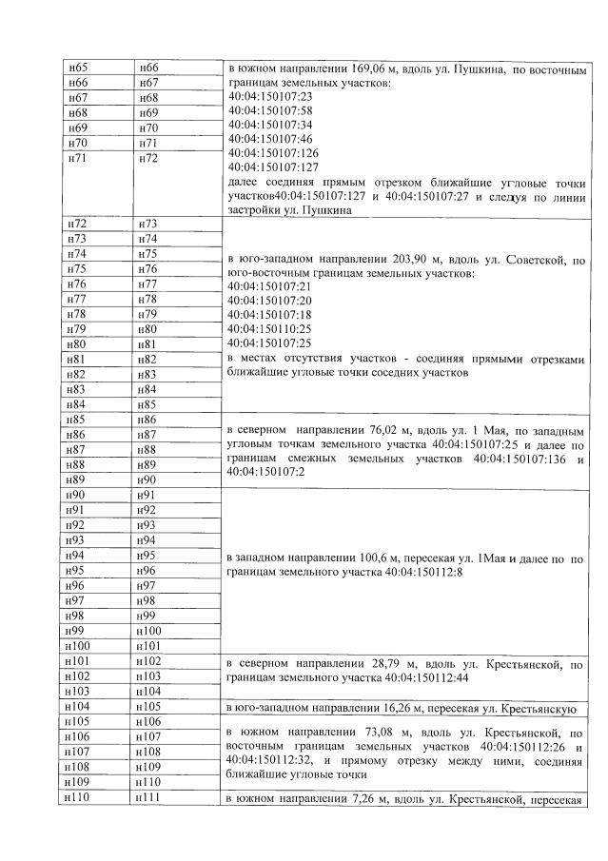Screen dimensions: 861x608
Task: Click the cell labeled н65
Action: (x=77, y=68)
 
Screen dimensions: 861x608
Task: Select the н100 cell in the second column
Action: (x=149, y=631)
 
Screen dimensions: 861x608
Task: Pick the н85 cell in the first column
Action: (x=77, y=419)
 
